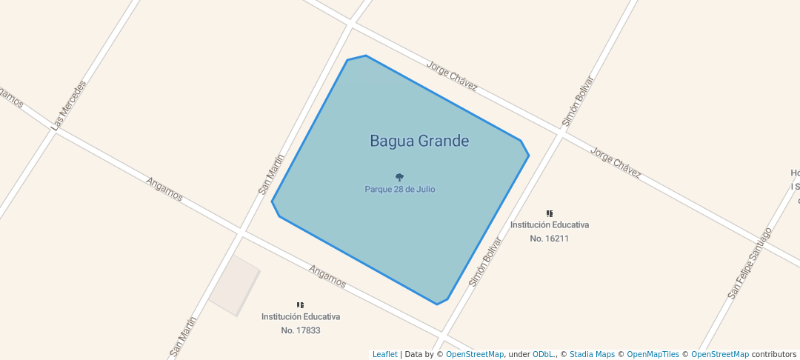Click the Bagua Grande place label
419,141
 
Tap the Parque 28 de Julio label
400,189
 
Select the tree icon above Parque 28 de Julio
400,177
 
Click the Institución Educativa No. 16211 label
550,231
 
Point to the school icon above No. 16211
550,213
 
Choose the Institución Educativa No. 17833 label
301,323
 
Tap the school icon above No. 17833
301,304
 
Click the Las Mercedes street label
69,105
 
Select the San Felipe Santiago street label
750,263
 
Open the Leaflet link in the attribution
384,354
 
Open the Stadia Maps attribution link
592,354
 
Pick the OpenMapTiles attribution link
648,354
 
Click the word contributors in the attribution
774,354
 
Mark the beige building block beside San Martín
234,286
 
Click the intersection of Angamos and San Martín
241,232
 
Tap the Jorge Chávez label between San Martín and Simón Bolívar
452,76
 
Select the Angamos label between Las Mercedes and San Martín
164,189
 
